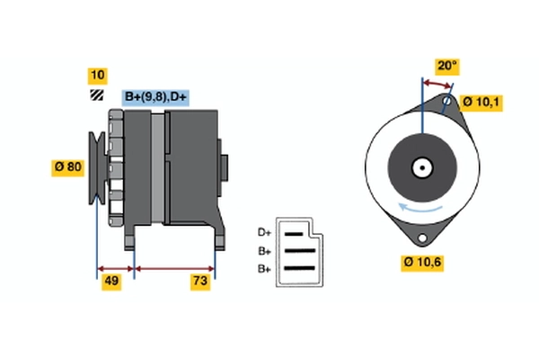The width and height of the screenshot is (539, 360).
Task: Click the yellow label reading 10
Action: [98, 75]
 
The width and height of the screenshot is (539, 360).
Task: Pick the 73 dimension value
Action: [201, 283]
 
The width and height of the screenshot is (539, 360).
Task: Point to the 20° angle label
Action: [446, 67]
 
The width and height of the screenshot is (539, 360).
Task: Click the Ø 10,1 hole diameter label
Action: [482, 103]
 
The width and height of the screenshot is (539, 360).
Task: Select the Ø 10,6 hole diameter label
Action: [421, 263]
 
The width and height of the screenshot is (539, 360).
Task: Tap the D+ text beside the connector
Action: [265, 231]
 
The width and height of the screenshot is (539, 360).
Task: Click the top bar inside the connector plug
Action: [299, 232]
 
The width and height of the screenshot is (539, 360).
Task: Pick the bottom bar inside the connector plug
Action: [299, 268]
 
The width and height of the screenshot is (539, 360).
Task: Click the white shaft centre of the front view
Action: [420, 166]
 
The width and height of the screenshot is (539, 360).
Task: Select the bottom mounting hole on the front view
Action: [421, 237]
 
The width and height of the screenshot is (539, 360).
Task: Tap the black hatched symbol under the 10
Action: [96, 94]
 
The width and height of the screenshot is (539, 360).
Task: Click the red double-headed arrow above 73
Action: [174, 268]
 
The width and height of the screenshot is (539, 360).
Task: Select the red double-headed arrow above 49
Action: [115, 268]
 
